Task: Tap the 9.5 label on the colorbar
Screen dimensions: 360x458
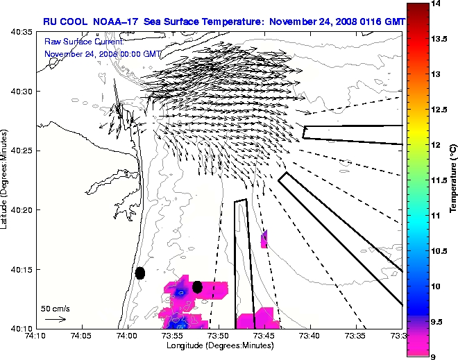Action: point(437,321)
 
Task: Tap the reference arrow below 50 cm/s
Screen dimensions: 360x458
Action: point(55,319)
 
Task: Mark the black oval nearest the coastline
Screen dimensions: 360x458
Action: point(139,273)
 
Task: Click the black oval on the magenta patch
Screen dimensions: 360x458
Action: point(197,286)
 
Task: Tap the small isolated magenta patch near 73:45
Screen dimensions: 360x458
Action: point(264,239)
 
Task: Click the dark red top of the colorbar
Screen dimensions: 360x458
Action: point(416,10)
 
